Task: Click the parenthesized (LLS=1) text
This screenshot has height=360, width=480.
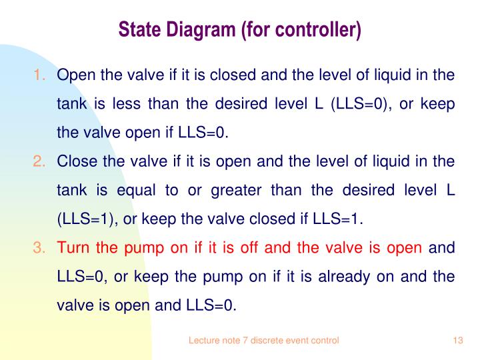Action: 81,219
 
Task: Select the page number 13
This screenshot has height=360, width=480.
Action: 457,340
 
